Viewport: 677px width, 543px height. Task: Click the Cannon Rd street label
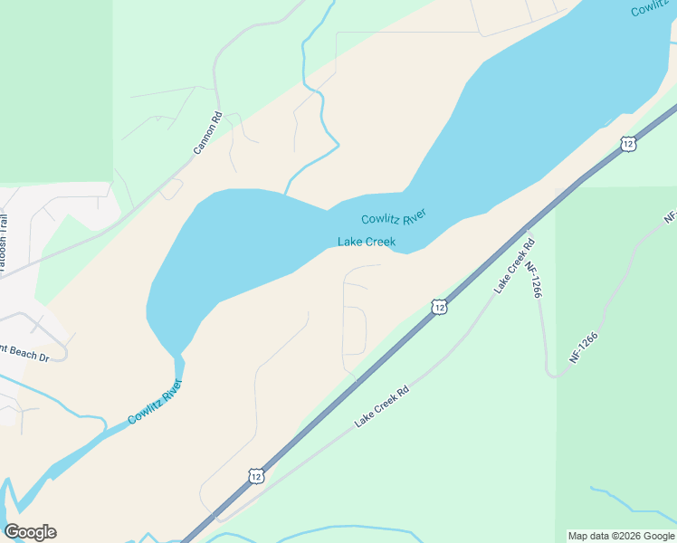207,132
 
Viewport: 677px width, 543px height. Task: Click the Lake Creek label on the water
367,242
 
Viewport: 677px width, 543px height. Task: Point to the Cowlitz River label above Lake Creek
394,217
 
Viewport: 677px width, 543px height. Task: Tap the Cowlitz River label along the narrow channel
155,403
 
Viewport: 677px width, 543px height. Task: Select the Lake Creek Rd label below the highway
382,406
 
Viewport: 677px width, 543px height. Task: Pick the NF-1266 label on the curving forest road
584,348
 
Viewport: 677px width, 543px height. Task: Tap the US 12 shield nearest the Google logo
256,476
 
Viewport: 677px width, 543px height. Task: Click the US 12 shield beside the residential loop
439,308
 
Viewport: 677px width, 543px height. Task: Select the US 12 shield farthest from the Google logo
628,143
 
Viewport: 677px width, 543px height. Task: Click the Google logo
30,531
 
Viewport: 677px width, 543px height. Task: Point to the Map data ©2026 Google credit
621,536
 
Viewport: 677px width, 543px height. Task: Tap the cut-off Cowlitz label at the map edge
652,8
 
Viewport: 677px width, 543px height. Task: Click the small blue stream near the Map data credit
625,499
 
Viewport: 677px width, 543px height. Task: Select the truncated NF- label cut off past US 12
670,217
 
